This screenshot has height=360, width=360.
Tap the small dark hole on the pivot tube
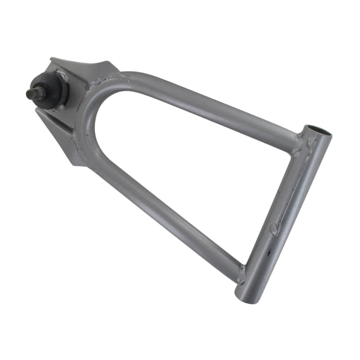(x=270, y=252)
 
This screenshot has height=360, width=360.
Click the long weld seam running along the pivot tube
(x=292, y=189)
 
